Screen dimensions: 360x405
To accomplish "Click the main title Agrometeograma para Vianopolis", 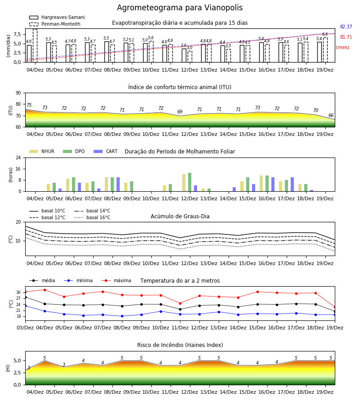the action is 180,8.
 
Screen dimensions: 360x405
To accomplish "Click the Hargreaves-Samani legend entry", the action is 57,17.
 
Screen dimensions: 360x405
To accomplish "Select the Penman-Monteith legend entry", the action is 55,24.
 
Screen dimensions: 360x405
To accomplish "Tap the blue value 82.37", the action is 346,27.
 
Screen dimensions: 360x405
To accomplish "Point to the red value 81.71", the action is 346,37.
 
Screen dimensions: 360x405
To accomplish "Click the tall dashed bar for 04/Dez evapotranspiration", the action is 35,46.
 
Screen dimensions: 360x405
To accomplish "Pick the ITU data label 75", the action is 29,105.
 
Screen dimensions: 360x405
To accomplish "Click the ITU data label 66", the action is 331,115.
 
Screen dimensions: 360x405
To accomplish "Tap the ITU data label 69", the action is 180,112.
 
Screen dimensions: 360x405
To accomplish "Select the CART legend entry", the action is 106,151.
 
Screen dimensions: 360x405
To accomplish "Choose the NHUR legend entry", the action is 42,151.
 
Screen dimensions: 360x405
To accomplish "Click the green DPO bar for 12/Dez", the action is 189,182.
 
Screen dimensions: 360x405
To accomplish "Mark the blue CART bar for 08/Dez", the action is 118,184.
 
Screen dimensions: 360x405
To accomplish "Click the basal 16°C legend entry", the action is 92,217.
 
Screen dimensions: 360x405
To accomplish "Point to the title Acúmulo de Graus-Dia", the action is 180,216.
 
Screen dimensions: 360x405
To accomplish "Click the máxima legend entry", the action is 116,280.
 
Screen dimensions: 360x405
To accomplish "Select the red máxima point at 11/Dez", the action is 180,303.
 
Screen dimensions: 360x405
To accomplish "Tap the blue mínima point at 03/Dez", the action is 25,306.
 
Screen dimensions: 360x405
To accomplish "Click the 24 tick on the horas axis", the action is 18,157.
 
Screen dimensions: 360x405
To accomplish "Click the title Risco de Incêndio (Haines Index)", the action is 180,345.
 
